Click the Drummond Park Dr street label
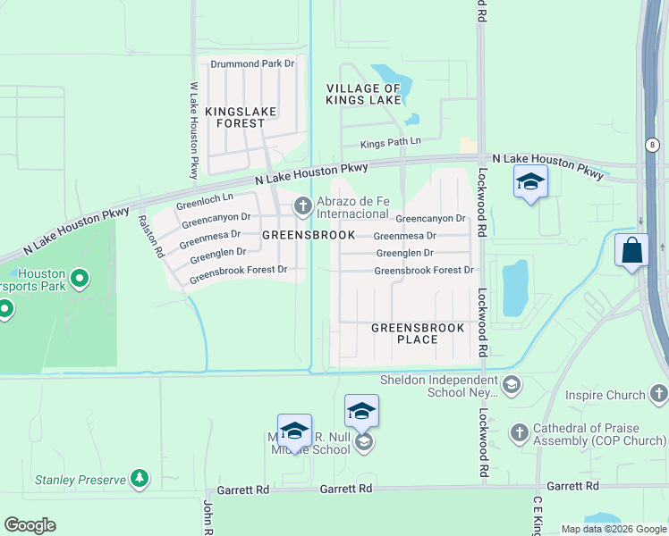pyautogui.click(x=251, y=63)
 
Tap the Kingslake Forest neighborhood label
pyautogui.click(x=241, y=117)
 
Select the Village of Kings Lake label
pyautogui.click(x=363, y=94)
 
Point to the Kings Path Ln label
pyautogui.click(x=390, y=144)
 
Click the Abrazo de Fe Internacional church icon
pyautogui.click(x=302, y=206)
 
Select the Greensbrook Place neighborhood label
pyautogui.click(x=418, y=334)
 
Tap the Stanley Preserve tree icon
pyautogui.click(x=139, y=479)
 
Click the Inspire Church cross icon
pyautogui.click(x=658, y=394)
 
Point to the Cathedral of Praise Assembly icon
pyautogui.click(x=519, y=433)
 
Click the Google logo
pyautogui.click(x=30, y=525)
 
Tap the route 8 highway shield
pyautogui.click(x=653, y=144)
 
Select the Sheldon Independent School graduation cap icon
pyautogui.click(x=511, y=386)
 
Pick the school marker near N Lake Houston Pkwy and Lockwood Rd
pyautogui.click(x=529, y=181)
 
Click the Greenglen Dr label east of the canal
pyautogui.click(x=404, y=253)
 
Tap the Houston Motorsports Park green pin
pyautogui.click(x=80, y=280)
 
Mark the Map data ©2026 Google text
pyautogui.click(x=614, y=529)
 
